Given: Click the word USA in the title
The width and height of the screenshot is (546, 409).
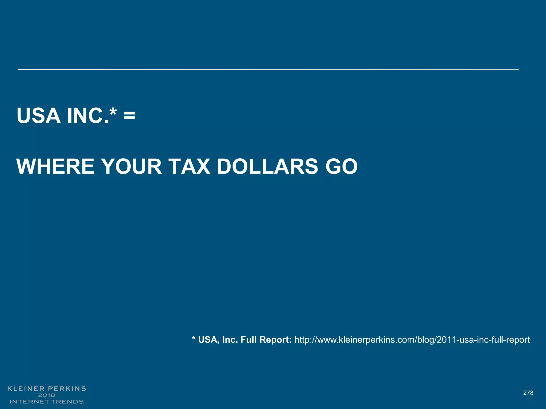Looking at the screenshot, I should [x=38, y=116].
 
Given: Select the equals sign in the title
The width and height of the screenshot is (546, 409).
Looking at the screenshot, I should [x=129, y=116].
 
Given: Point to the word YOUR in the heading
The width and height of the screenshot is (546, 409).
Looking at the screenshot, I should [x=132, y=167].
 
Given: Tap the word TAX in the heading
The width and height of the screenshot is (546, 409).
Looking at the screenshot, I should [x=189, y=167].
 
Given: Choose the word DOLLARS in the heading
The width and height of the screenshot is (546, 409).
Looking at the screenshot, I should [x=267, y=167].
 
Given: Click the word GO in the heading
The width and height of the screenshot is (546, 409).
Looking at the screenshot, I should [x=342, y=167].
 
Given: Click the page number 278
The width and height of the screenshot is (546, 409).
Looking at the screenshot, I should [x=528, y=393].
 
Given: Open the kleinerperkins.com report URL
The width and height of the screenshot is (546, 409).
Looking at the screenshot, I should [x=412, y=340].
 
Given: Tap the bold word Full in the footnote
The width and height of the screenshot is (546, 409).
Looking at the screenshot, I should [x=249, y=340].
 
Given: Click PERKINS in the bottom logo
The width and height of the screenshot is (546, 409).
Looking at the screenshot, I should [x=67, y=389].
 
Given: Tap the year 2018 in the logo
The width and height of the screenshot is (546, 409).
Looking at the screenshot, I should [x=47, y=395].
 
